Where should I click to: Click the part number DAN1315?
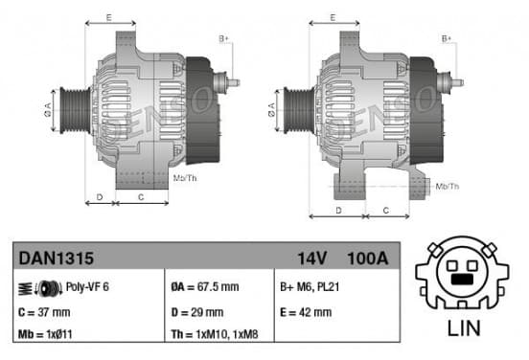[56, 259]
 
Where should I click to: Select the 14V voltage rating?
[312, 259]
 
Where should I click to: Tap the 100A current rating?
[368, 259]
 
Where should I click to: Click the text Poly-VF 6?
[87, 287]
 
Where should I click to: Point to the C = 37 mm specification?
[44, 312]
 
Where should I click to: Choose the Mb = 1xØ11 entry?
[45, 334]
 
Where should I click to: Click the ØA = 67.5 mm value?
[205, 287]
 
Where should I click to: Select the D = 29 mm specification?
[197, 312]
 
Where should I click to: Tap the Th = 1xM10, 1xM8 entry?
[215, 334]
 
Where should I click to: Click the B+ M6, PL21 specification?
[310, 287]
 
